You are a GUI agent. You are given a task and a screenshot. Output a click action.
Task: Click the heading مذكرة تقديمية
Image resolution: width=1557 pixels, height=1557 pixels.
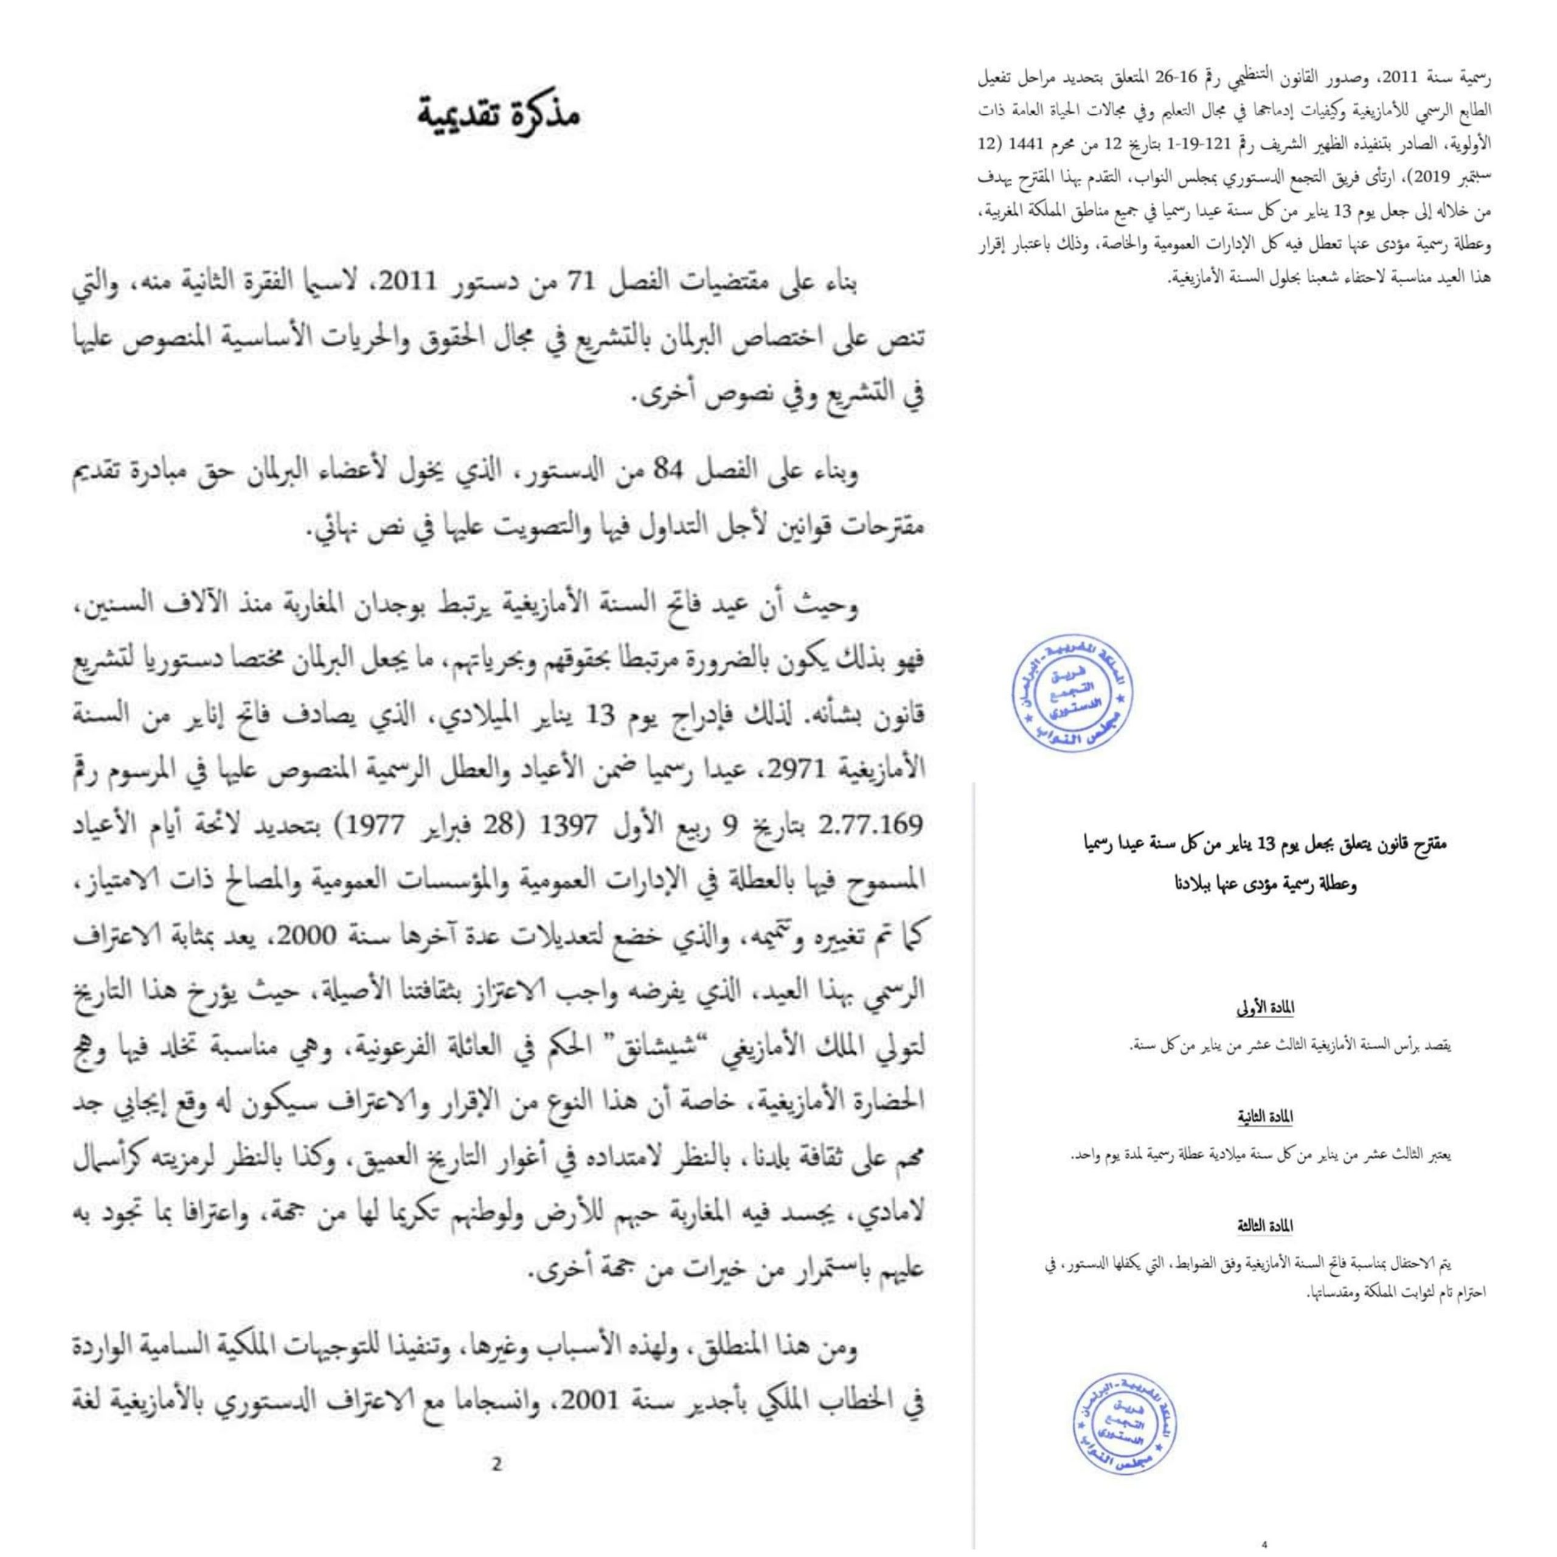point(500,114)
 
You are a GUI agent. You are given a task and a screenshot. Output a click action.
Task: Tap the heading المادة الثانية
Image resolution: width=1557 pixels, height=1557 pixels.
point(1266,1118)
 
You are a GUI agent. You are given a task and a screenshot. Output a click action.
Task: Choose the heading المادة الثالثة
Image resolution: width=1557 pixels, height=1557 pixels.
point(1266,1226)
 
